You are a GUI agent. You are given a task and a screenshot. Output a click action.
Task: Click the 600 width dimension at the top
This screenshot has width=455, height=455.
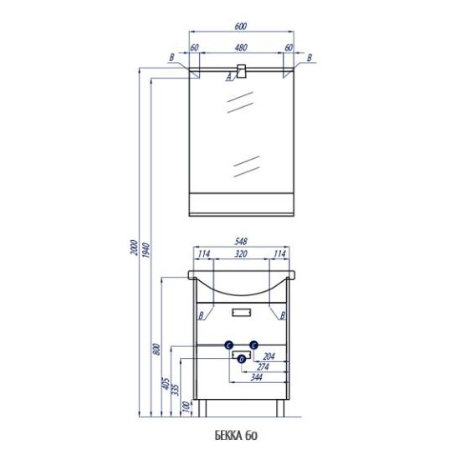click(x=241, y=27)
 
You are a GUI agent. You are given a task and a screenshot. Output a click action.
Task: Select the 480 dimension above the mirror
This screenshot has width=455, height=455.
click(x=241, y=48)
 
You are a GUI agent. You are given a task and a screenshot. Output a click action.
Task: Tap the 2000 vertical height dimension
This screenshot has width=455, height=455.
click(x=134, y=248)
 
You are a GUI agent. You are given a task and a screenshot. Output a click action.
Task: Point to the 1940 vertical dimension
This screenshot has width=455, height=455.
click(x=146, y=251)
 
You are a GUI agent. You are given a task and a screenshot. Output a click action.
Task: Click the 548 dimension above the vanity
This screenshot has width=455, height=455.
click(x=241, y=242)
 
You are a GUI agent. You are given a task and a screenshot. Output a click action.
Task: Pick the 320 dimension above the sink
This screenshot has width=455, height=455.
click(x=241, y=254)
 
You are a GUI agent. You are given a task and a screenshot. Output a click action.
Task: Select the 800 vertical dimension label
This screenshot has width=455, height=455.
click(x=156, y=349)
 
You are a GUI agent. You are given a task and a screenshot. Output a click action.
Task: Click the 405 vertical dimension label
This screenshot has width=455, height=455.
click(x=166, y=383)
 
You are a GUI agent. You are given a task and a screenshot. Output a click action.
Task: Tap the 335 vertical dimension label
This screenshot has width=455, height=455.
click(x=175, y=389)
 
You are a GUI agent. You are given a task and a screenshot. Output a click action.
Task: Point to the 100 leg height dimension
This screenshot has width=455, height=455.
click(x=187, y=406)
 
